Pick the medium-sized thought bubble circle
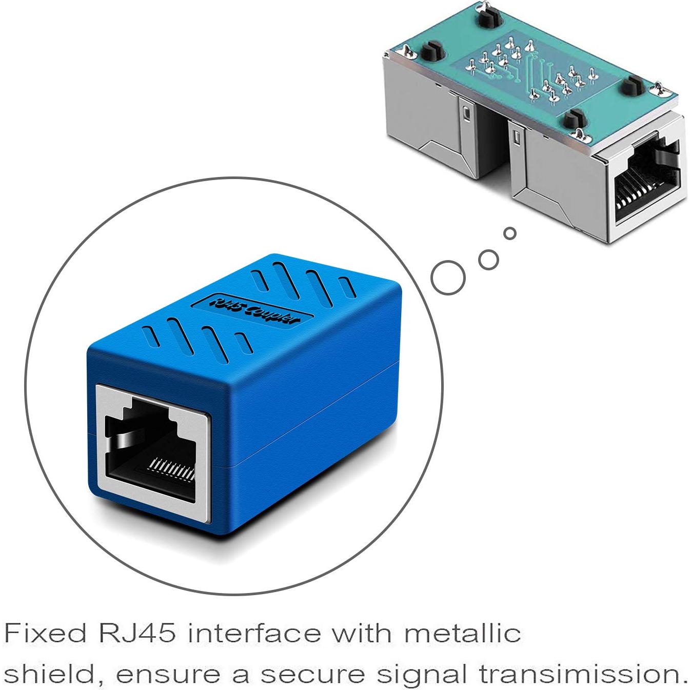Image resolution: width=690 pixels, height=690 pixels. coord(488,259)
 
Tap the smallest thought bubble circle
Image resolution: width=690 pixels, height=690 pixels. coord(509,234)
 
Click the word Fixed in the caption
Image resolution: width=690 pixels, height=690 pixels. coord(45,634)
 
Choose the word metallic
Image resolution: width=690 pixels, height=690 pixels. coord(462,634)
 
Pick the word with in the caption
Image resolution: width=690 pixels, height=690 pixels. coord(362,634)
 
